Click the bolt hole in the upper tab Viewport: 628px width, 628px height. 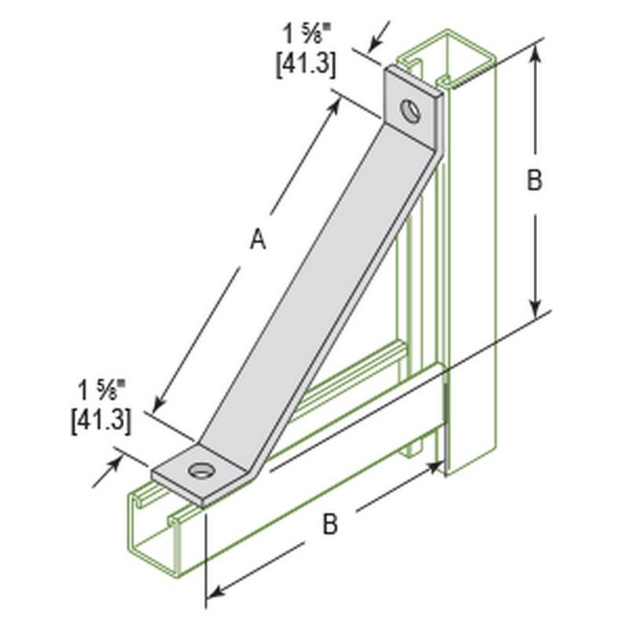pos(411,110)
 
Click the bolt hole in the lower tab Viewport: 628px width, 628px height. pos(200,469)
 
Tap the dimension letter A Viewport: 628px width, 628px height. pos(258,239)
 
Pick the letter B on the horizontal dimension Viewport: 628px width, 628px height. pos(330,524)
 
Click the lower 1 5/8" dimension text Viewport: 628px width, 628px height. pos(102,390)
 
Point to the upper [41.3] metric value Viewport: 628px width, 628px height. pos(306,64)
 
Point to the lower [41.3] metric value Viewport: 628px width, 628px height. pos(101,422)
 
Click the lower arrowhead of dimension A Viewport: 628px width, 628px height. pos(158,404)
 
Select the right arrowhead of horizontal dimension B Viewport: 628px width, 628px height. pos(434,468)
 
